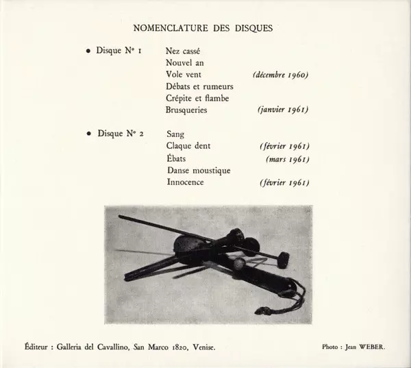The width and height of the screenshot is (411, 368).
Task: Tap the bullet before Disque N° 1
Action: pos(88,51)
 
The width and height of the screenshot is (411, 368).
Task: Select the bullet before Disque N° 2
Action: pos(88,134)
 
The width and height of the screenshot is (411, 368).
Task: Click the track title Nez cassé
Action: pos(183,51)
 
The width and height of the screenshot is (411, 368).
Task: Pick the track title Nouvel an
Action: pos(184,62)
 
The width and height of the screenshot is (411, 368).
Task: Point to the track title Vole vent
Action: pos(183,74)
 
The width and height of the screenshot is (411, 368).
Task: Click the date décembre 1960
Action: pos(280,75)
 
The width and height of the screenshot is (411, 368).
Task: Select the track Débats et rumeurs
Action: pos(199,86)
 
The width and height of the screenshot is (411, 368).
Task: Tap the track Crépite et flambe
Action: pos(197,98)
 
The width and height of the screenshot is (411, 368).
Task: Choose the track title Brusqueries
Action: pos(186,110)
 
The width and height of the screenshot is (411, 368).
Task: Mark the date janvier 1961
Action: pos(283,110)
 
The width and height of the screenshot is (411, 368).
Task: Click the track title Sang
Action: pos(176,134)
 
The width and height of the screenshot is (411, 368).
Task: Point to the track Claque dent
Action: pos(188,146)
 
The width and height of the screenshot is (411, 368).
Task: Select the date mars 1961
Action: pos(287,158)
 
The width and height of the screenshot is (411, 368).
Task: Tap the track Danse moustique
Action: pos(198,170)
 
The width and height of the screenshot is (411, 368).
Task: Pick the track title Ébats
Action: pos(177,158)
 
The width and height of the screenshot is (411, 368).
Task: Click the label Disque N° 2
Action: pos(121,134)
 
